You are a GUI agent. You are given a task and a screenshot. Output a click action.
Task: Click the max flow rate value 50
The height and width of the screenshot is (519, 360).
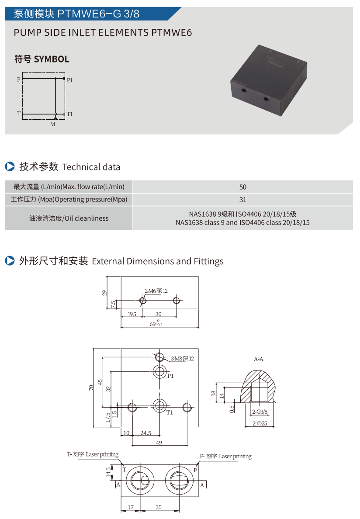click(243, 187)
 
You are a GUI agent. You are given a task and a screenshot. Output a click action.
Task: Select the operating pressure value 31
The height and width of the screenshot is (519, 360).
click(243, 200)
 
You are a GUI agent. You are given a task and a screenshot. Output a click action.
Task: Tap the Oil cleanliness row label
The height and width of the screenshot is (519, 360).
click(69, 218)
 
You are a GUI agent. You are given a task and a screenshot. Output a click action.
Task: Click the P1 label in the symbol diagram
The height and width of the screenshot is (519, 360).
click(70, 80)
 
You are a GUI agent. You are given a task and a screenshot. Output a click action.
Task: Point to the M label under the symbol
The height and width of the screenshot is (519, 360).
click(52, 125)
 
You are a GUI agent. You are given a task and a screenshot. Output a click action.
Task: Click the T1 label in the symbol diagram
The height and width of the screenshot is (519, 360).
click(69, 114)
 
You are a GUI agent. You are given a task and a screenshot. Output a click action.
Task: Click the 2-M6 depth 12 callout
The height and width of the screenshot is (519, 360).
click(156, 291)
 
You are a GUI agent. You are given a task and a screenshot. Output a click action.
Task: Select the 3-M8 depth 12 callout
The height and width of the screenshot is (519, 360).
click(182, 359)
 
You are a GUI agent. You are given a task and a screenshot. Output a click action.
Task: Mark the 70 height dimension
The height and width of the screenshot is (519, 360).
click(91, 388)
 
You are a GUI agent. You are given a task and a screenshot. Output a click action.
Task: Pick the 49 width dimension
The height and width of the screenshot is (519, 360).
click(159, 443)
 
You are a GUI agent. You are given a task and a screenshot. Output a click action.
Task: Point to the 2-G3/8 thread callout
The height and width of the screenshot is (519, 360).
click(260, 412)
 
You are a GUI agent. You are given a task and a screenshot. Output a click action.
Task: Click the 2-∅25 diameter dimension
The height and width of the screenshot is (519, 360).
click(260, 423)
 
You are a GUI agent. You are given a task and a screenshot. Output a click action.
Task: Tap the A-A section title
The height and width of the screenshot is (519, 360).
click(259, 359)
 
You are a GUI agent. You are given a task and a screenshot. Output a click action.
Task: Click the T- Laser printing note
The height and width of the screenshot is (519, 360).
click(93, 454)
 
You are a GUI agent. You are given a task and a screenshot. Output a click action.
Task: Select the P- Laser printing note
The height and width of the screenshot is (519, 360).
click(226, 456)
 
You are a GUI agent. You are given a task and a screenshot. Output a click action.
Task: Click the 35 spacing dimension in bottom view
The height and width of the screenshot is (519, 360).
click(159, 507)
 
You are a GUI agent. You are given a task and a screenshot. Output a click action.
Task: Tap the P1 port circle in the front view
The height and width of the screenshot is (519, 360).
click(159, 373)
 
